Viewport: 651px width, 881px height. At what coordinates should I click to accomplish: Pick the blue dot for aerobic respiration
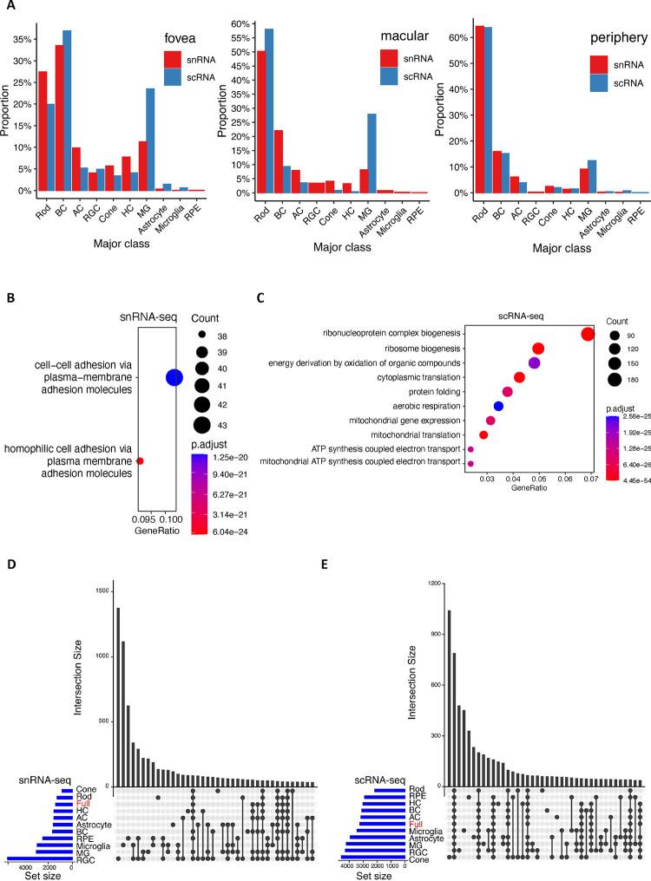pos(498,406)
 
